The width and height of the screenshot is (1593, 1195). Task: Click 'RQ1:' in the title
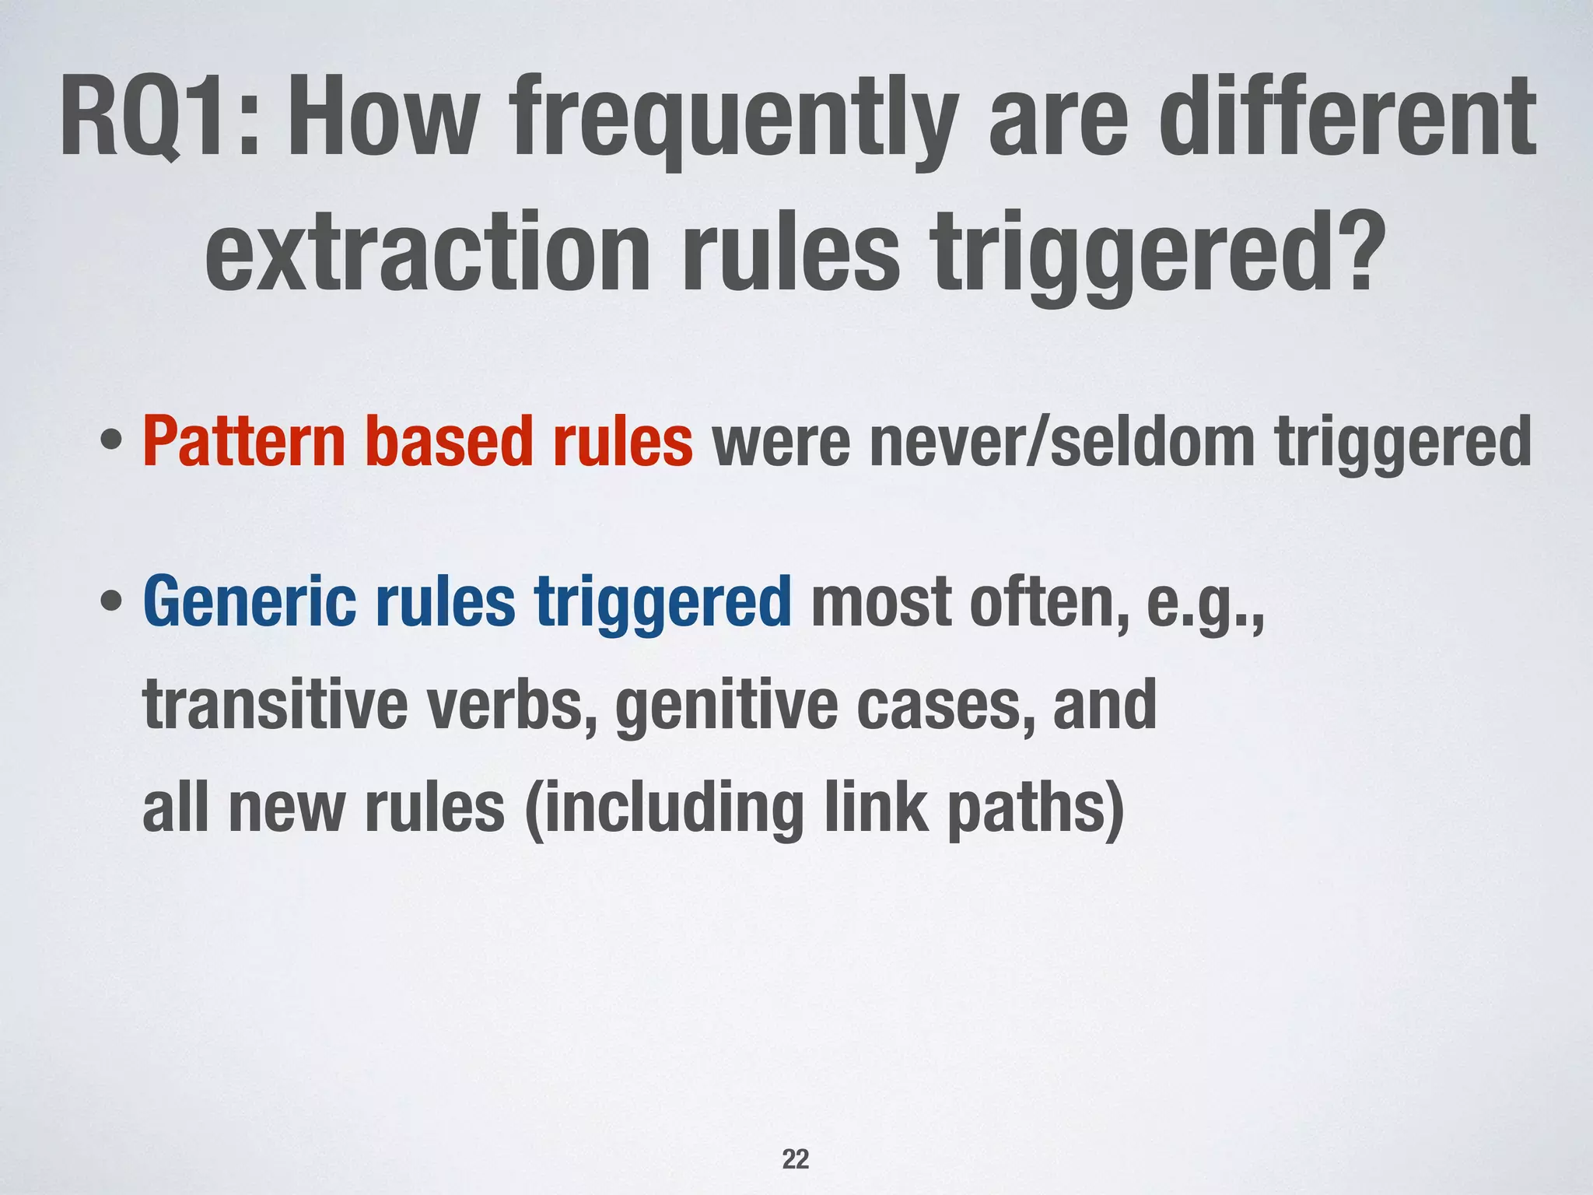159,117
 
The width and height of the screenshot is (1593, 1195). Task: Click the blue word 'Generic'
249,603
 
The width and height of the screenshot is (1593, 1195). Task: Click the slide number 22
795,1159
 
